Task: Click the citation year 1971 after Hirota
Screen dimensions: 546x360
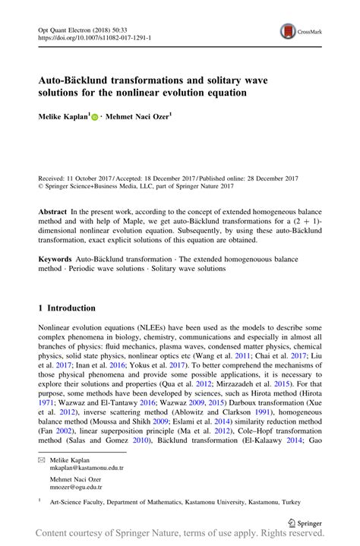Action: (x=48, y=406)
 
